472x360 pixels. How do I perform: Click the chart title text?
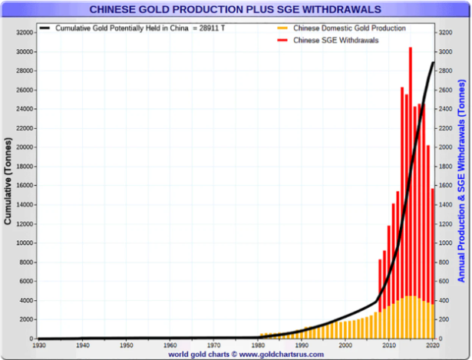pyautogui.click(x=236, y=9)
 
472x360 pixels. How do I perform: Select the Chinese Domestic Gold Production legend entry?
pyautogui.click(x=349, y=28)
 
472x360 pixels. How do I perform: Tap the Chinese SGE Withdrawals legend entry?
pyautogui.click(x=337, y=40)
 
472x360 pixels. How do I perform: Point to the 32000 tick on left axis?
pyautogui.click(x=24, y=32)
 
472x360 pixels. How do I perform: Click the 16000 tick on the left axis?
pyautogui.click(x=24, y=186)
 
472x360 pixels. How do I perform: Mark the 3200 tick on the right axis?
pyautogui.click(x=444, y=32)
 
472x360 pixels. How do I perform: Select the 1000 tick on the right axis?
pyautogui.click(x=444, y=243)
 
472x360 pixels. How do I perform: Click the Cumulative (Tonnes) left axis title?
pyautogui.click(x=8, y=182)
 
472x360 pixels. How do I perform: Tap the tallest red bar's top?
pyautogui.click(x=411, y=49)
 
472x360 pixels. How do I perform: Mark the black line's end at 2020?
pyautogui.click(x=434, y=62)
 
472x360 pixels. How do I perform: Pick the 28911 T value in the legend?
pyautogui.click(x=208, y=28)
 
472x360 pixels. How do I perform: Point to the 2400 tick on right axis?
pyautogui.click(x=444, y=109)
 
